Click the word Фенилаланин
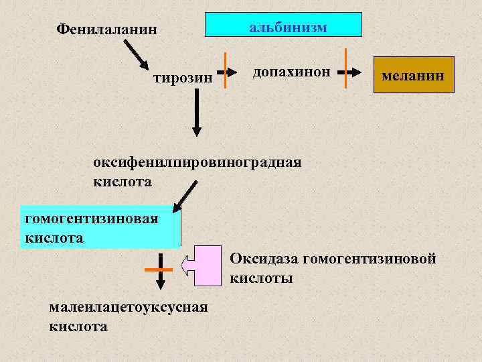[x=108, y=29]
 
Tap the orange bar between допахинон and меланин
[x=345, y=68]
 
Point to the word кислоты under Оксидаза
[x=261, y=278]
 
